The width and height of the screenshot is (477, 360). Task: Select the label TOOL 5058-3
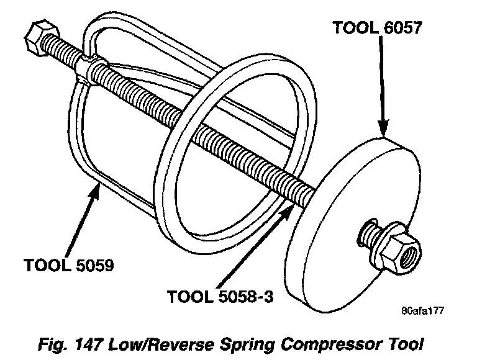pos(220,297)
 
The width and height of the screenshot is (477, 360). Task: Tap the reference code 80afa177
pos(424,310)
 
